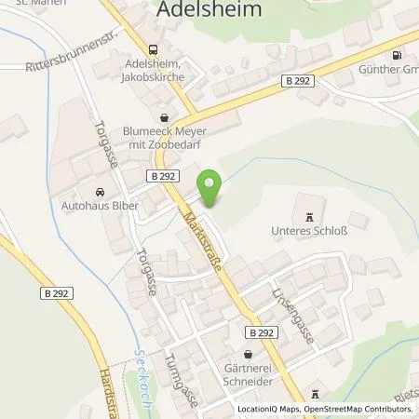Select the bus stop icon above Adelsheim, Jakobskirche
153,50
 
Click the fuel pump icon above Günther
398,55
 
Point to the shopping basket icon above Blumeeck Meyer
165,118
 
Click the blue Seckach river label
142,368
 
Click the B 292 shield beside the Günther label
299,82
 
